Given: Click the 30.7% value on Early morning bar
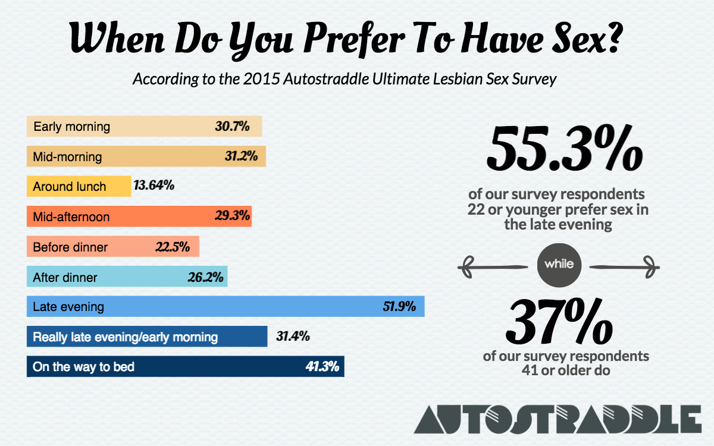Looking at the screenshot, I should (x=231, y=127).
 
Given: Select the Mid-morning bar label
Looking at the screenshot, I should (x=67, y=157).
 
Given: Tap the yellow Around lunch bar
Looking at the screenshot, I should (x=79, y=186).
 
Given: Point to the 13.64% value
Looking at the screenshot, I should (x=154, y=186).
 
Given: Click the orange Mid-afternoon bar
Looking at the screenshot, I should (x=139, y=216).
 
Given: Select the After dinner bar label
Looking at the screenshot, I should (x=65, y=277).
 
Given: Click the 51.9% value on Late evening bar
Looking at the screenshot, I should (x=399, y=307).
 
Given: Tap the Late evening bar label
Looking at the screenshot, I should (x=68, y=307).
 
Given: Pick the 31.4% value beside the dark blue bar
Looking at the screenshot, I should (x=293, y=337).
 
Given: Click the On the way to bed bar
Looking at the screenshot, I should (x=185, y=366).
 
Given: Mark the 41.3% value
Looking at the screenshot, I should (x=322, y=366).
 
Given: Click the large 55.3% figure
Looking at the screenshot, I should (x=564, y=147).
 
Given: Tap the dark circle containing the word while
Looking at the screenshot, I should (x=559, y=264).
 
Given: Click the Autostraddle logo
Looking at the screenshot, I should (x=558, y=419).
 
